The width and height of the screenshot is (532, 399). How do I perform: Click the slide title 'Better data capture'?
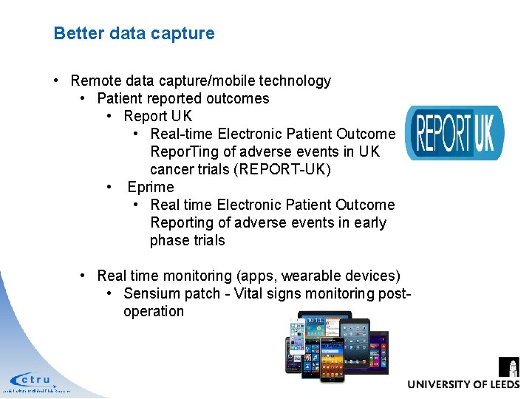tap(134, 33)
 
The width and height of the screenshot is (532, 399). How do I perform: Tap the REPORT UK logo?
tap(454, 133)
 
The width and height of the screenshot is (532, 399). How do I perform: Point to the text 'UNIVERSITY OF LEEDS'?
tap(463, 384)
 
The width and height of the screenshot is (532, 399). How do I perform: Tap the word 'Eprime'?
tap(151, 187)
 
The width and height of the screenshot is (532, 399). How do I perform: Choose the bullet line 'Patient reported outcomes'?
tap(183, 98)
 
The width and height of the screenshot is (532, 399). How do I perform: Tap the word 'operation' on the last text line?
tap(154, 311)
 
